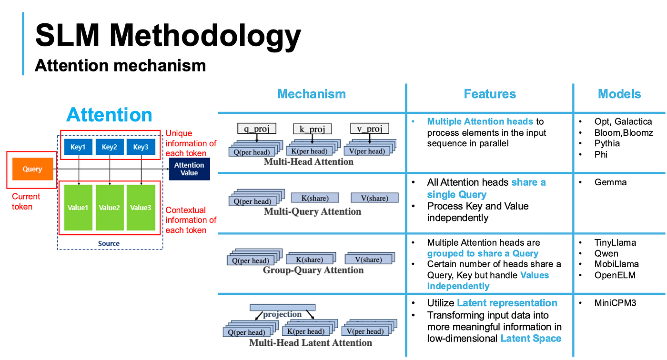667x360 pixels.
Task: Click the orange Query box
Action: click(x=33, y=169)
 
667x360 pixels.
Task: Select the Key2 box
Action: click(x=110, y=147)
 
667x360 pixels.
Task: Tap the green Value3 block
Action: click(x=141, y=207)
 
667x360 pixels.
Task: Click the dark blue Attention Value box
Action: click(x=190, y=169)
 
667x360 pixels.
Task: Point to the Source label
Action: click(x=109, y=243)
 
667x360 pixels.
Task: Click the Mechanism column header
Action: click(x=312, y=94)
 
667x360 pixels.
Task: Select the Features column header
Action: click(x=490, y=94)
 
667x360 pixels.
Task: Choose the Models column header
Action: click(x=619, y=94)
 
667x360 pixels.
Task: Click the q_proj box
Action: click(x=257, y=129)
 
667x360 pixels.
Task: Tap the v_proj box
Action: click(x=370, y=129)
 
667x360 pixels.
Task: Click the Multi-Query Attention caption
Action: click(x=313, y=211)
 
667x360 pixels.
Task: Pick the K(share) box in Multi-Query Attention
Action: click(x=315, y=198)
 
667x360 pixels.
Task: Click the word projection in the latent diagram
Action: click(x=282, y=314)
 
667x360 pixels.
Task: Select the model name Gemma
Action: click(x=610, y=182)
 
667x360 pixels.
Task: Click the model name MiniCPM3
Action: click(x=615, y=303)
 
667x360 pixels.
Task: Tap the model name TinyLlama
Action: click(x=615, y=242)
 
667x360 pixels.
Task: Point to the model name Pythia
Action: click(x=607, y=143)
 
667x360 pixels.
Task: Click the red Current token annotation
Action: click(x=26, y=201)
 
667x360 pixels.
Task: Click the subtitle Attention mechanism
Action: click(x=120, y=65)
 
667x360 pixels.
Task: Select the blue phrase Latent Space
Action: click(x=531, y=339)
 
